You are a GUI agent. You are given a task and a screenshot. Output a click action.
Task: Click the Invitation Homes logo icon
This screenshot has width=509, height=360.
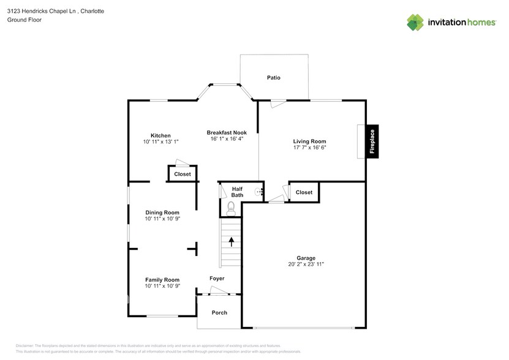pos(415,22)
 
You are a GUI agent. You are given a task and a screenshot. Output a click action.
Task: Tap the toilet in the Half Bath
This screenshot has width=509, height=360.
pos(231,208)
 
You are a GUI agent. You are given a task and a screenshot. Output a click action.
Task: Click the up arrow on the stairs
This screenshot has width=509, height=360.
pos(232,241)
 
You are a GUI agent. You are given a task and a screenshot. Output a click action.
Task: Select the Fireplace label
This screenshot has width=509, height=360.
pos(371,141)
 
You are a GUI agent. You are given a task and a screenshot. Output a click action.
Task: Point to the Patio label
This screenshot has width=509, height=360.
pos(273,78)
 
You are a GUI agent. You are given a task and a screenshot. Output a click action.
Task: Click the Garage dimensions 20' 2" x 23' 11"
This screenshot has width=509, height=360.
pos(306,264)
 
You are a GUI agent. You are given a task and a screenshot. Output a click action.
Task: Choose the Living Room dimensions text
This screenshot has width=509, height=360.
pos(309,147)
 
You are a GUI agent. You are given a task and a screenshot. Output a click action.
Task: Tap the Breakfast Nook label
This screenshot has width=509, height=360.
pos(227,133)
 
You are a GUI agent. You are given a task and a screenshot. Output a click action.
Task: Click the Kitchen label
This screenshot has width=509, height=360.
pos(160,135)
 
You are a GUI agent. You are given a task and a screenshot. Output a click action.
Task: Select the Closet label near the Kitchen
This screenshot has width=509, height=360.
pos(183,174)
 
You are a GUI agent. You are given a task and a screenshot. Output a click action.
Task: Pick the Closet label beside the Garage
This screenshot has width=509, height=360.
pos(304,192)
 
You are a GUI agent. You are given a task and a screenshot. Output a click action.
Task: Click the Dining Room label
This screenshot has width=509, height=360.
pos(162,212)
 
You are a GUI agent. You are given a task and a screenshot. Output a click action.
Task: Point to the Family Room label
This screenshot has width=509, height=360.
pos(162,280)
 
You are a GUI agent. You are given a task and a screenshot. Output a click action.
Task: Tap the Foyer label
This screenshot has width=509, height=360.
pos(217,278)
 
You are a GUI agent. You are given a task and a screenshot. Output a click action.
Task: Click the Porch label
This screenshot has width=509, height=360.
pos(219,312)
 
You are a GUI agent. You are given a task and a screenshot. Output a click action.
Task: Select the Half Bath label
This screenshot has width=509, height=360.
pos(237,192)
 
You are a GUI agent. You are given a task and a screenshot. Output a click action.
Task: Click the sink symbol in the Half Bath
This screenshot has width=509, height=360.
pos(258,192)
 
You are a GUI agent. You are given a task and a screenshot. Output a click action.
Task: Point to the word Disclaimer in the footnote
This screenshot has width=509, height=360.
pos(25,346)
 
